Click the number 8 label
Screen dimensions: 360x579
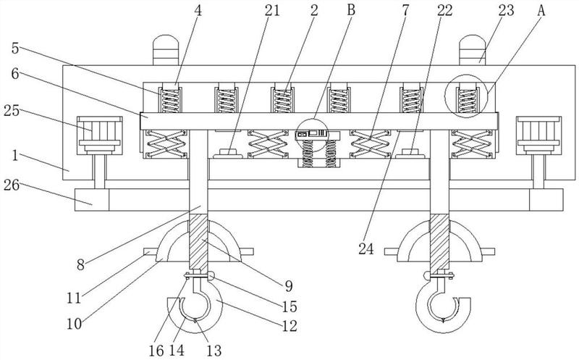81,264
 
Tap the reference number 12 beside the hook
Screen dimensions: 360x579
289,326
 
